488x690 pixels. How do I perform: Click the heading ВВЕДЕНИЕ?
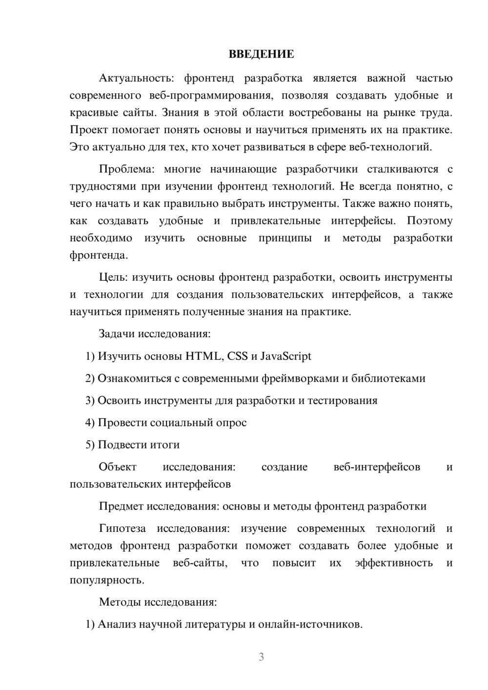coord(261,54)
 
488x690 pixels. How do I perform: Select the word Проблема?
coord(126,169)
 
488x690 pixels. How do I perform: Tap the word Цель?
coord(113,278)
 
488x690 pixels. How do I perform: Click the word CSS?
coord(238,356)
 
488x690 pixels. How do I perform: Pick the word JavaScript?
coord(285,356)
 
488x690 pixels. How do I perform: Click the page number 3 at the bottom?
coord(261,657)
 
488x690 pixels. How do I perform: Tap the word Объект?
coord(118,467)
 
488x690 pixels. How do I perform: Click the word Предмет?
coord(121,507)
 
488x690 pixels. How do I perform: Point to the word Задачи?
coord(117,334)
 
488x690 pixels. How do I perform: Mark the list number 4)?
coord(90,423)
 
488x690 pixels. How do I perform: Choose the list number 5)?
coord(90,445)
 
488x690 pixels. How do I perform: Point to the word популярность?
coord(106,581)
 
